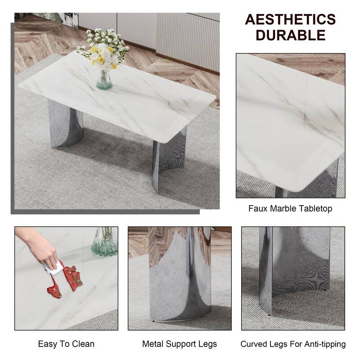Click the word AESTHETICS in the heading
click(x=290, y=20)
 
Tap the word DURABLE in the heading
click(x=290, y=35)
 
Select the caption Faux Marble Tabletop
click(x=290, y=208)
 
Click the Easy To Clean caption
click(x=66, y=344)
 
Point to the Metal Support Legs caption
click(x=180, y=344)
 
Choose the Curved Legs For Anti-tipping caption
click(x=293, y=344)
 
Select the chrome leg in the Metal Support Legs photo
click(x=180, y=279)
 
